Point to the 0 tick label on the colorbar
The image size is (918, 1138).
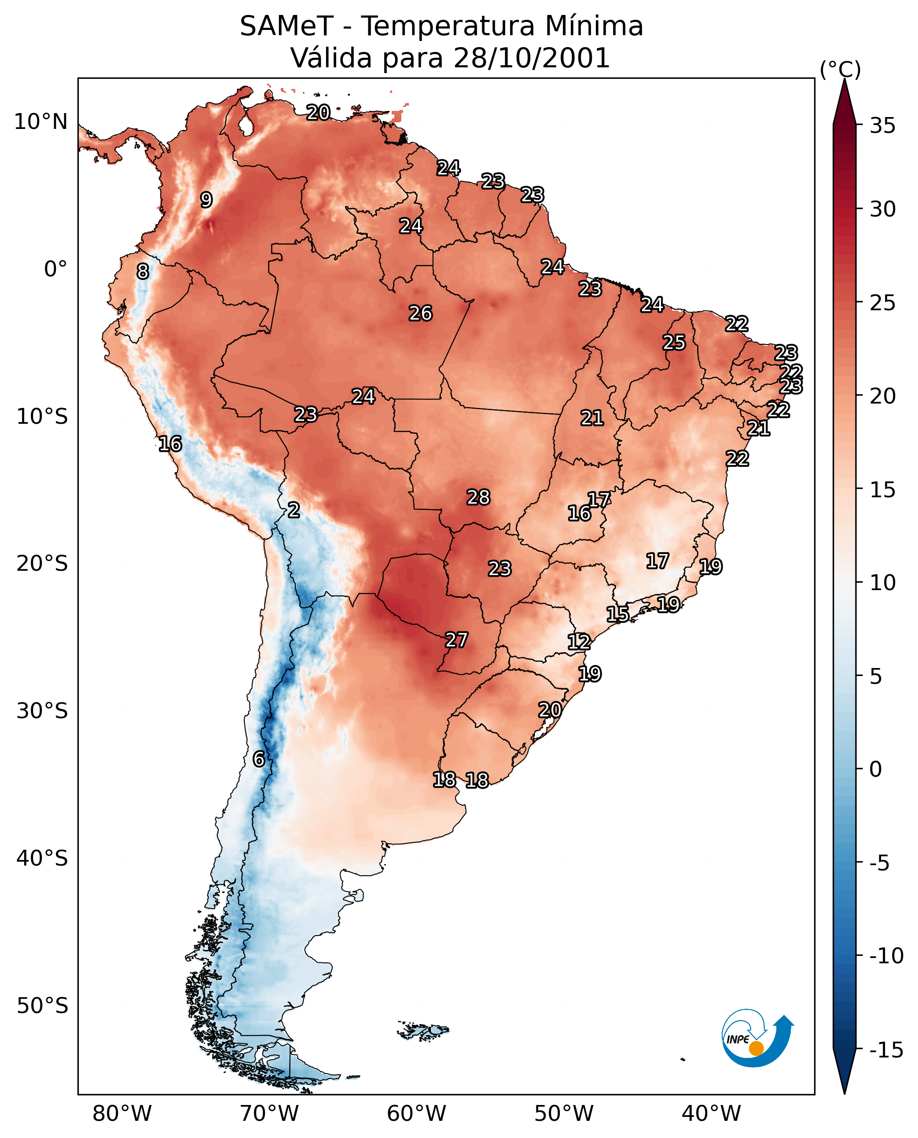pos(876,769)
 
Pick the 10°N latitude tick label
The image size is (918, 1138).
pos(41,121)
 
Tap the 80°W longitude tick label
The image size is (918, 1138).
pos(122,1114)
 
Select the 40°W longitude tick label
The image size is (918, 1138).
pos(711,1114)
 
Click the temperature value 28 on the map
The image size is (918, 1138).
pos(478,498)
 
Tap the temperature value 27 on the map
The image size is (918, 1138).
pos(456,640)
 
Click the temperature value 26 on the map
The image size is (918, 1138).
pos(420,314)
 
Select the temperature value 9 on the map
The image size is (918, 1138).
pos(206,200)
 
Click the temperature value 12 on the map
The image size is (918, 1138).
pos(579,642)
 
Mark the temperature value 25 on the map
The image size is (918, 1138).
pos(674,343)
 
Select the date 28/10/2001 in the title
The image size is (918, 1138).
pos(532,58)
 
